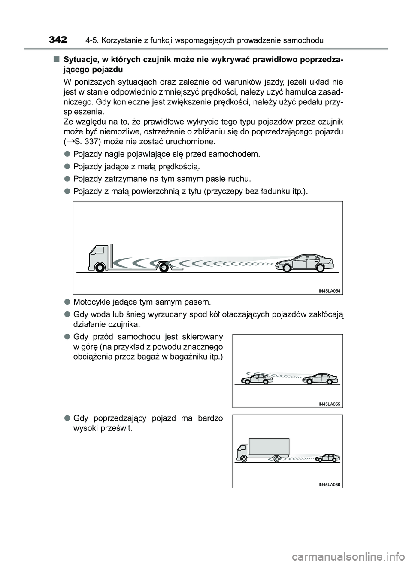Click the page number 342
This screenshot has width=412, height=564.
coord(58,40)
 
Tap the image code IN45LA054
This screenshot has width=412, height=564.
coord(329,291)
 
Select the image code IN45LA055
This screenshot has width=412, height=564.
coord(329,404)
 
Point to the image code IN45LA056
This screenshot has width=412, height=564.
coord(329,485)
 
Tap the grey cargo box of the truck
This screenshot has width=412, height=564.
coord(269,446)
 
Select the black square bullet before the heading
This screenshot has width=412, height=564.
coord(56,59)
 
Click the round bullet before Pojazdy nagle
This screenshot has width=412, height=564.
coord(67,154)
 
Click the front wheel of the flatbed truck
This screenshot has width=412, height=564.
coord(100,268)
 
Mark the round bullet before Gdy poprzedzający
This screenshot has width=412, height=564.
coord(67,418)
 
